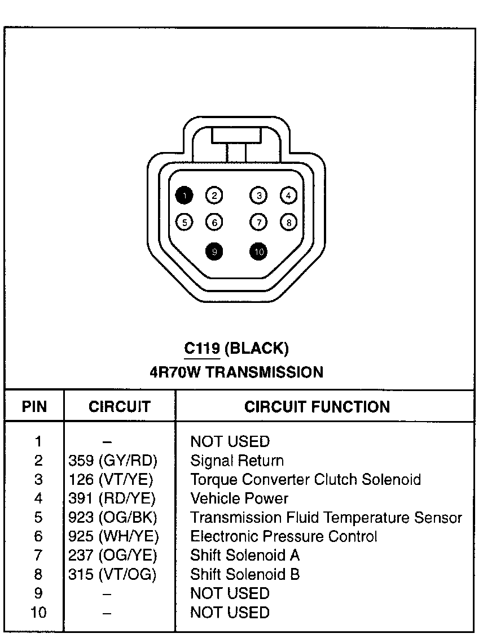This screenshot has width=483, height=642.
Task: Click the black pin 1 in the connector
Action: [x=184, y=196]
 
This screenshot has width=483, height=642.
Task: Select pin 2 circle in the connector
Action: [x=214, y=196]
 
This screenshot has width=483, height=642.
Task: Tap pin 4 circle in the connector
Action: [x=288, y=196]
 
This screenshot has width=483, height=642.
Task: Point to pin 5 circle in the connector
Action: [x=184, y=222]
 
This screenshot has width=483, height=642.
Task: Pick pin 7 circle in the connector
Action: [x=258, y=222]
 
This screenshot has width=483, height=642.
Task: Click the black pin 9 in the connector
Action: [x=214, y=251]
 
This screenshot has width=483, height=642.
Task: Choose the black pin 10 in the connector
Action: [x=258, y=251]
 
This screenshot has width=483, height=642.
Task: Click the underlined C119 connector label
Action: [x=202, y=349]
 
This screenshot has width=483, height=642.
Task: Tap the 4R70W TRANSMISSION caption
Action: [x=236, y=372]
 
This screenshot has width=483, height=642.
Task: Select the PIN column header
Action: [x=34, y=407]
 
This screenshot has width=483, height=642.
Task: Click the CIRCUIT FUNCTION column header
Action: [x=317, y=407]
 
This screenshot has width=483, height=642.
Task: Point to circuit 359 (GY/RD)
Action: [x=112, y=461]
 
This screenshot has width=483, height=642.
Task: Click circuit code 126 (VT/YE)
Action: [x=111, y=480]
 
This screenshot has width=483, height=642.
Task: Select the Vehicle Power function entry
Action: [x=239, y=499]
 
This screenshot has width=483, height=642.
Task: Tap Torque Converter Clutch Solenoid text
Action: [x=305, y=480]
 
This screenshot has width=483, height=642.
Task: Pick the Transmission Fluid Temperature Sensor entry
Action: [x=326, y=518]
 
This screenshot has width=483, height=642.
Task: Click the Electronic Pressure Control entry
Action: [x=284, y=536]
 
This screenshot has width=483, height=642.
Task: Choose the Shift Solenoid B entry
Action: [x=245, y=575]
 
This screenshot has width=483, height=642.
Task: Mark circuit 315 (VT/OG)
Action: [x=112, y=575]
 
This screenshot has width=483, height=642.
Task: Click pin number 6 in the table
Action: [x=38, y=536]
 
